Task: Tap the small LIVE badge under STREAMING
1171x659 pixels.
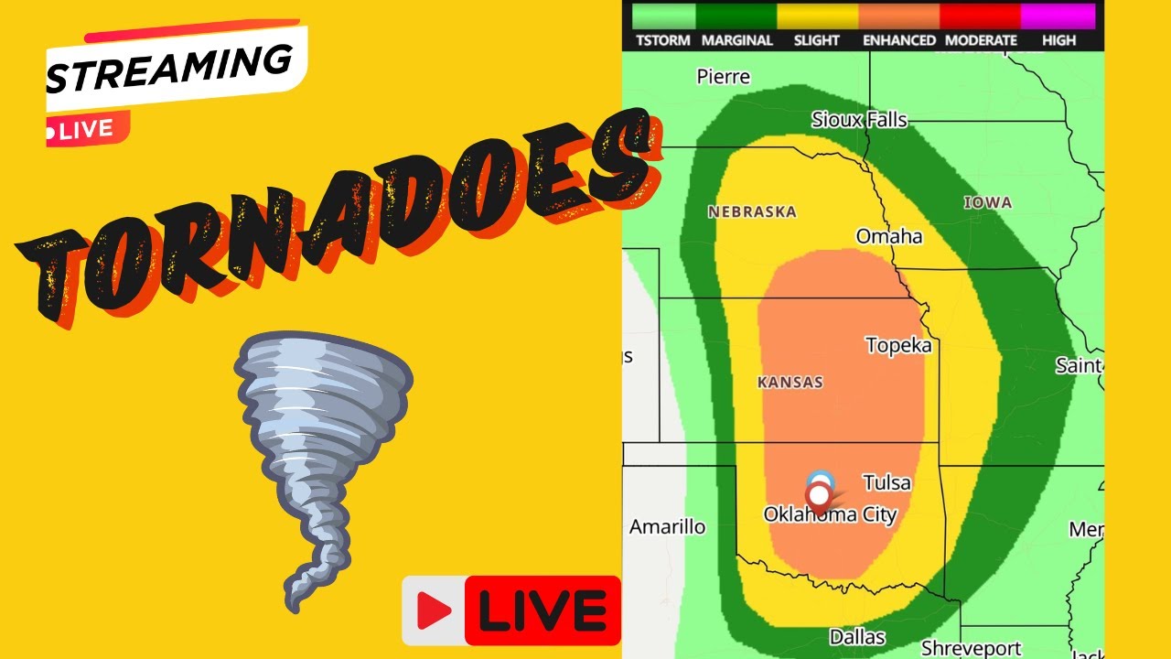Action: (87, 130)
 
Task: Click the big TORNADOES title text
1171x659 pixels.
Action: (338, 220)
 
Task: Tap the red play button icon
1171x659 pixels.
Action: (434, 610)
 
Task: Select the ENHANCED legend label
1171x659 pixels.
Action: (898, 40)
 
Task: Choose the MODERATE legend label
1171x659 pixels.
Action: (981, 40)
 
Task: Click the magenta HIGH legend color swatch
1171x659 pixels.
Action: (1058, 16)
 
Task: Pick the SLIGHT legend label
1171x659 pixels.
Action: (817, 40)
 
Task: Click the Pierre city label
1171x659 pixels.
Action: (723, 77)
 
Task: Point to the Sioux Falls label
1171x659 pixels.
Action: (859, 120)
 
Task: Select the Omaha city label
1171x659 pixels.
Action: (888, 237)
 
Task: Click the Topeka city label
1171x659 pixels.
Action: (898, 345)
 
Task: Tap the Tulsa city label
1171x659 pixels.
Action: (886, 482)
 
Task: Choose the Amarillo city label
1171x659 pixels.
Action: (667, 527)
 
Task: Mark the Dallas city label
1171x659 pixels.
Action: (857, 636)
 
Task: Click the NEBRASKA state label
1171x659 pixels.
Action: (752, 211)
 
